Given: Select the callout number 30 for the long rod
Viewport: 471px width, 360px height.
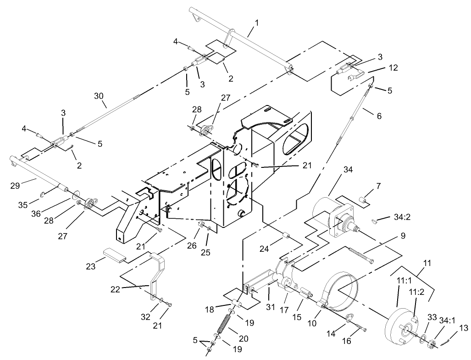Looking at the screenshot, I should pyautogui.click(x=100, y=96).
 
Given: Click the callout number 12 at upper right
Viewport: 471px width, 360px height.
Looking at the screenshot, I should pyautogui.click(x=392, y=68).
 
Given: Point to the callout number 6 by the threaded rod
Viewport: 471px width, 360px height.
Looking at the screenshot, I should pyautogui.click(x=378, y=116).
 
